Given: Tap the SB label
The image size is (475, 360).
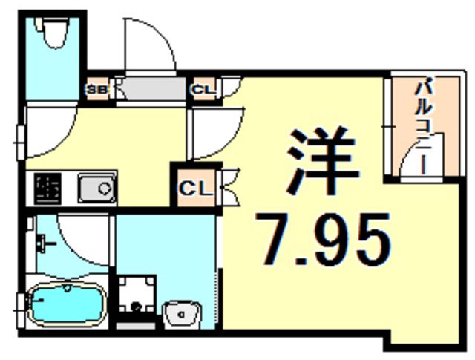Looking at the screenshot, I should coord(98,91).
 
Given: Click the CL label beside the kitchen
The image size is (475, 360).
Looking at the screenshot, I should coord(195,188).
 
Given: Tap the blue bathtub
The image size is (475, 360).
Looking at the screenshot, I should coord(65,304).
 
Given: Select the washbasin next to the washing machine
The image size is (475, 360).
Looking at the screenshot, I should coord(181,315).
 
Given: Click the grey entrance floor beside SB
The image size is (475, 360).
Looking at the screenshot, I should coord(148,91).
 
